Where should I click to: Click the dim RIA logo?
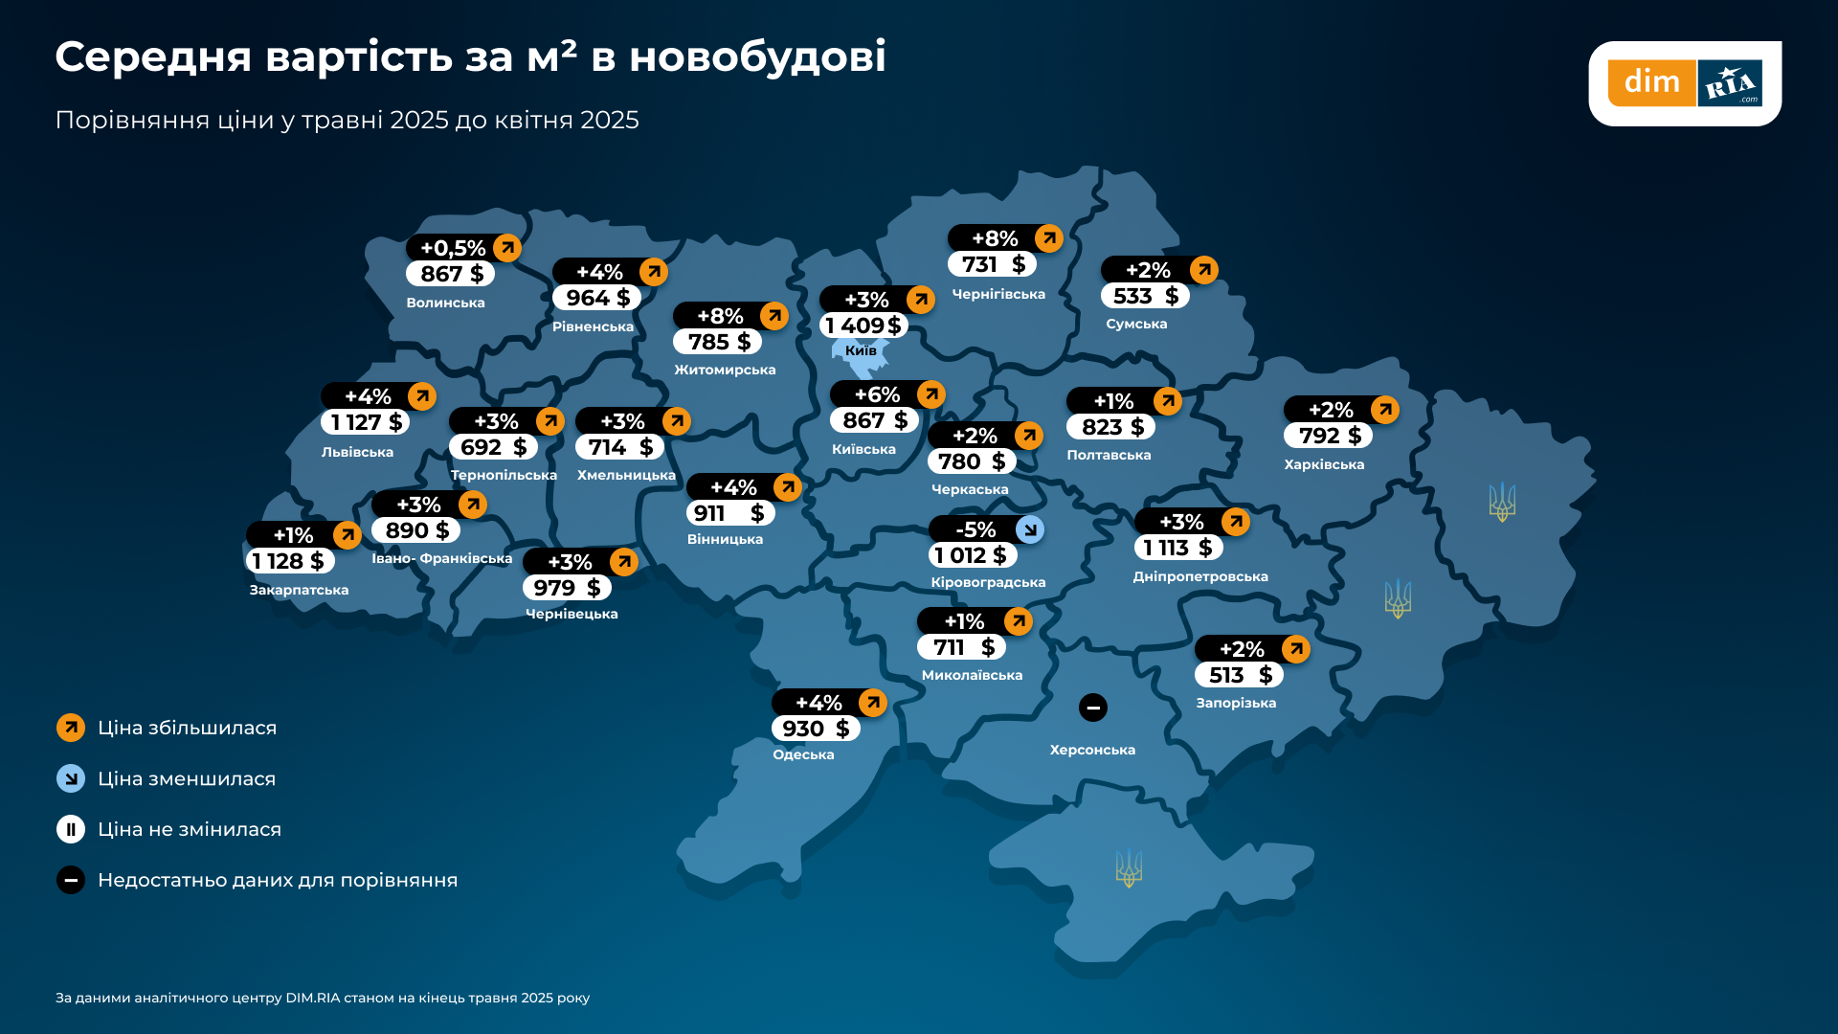tap(1685, 83)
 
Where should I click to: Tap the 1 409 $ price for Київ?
tap(863, 326)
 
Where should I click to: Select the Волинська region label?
tap(445, 303)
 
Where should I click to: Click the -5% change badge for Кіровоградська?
tap(975, 529)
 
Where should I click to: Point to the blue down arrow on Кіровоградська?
tap(1030, 529)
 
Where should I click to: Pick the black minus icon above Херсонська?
tap(1093, 708)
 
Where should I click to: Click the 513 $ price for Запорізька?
tap(1240, 675)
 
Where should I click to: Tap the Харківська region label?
tap(1324, 465)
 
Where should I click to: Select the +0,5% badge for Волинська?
tap(453, 248)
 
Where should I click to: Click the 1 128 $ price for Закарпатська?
tap(288, 561)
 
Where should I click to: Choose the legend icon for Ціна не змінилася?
tap(71, 829)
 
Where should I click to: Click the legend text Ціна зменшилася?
tap(187, 779)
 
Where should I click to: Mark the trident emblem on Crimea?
tap(1130, 868)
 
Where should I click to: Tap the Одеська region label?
tap(803, 755)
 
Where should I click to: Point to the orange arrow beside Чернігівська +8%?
tap(1049, 238)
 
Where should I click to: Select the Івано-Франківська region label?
tap(441, 559)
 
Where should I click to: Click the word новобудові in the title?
tap(757, 57)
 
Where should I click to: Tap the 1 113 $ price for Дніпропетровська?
tap(1178, 548)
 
